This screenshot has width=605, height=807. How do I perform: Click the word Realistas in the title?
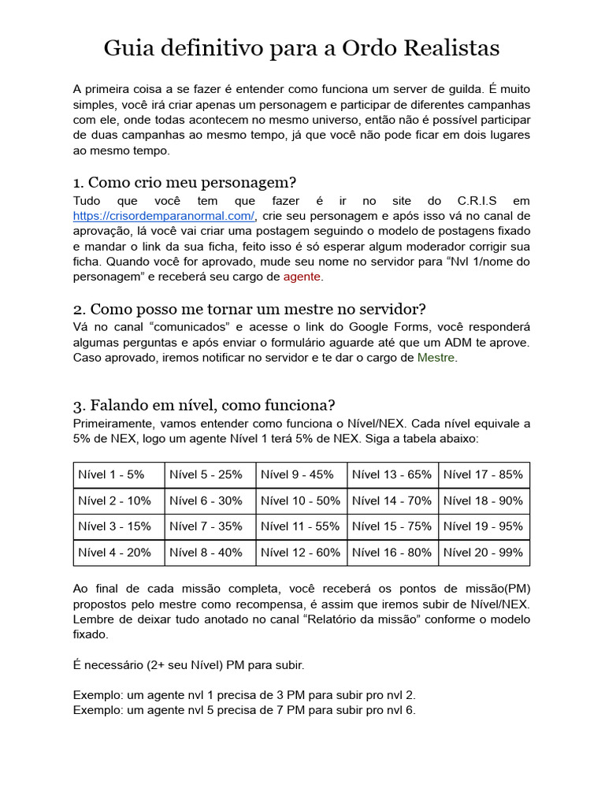[x=451, y=49]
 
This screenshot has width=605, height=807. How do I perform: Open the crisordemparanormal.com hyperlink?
[x=164, y=216]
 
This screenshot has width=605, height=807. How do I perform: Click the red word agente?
[x=302, y=277]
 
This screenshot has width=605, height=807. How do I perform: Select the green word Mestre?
[x=436, y=358]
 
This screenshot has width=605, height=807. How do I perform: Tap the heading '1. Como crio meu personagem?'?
[x=184, y=184]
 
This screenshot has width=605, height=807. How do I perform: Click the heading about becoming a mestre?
[x=250, y=309]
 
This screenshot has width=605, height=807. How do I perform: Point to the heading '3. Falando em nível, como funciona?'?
[x=204, y=406]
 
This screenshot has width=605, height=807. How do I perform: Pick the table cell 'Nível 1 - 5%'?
[x=112, y=475]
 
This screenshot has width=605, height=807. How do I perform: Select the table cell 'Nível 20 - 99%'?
[x=483, y=552]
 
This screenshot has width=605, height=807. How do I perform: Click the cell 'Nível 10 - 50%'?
[x=300, y=501]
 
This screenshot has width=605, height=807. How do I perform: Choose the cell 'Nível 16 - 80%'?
[x=392, y=552]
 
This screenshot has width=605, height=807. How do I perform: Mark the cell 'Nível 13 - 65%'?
[x=392, y=475]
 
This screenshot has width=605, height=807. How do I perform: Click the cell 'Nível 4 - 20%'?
[x=115, y=552]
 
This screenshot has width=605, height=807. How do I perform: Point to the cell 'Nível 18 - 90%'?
[x=483, y=501]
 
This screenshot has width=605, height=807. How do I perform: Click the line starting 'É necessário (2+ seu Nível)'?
[x=188, y=665]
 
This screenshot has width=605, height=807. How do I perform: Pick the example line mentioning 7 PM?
[x=244, y=710]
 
